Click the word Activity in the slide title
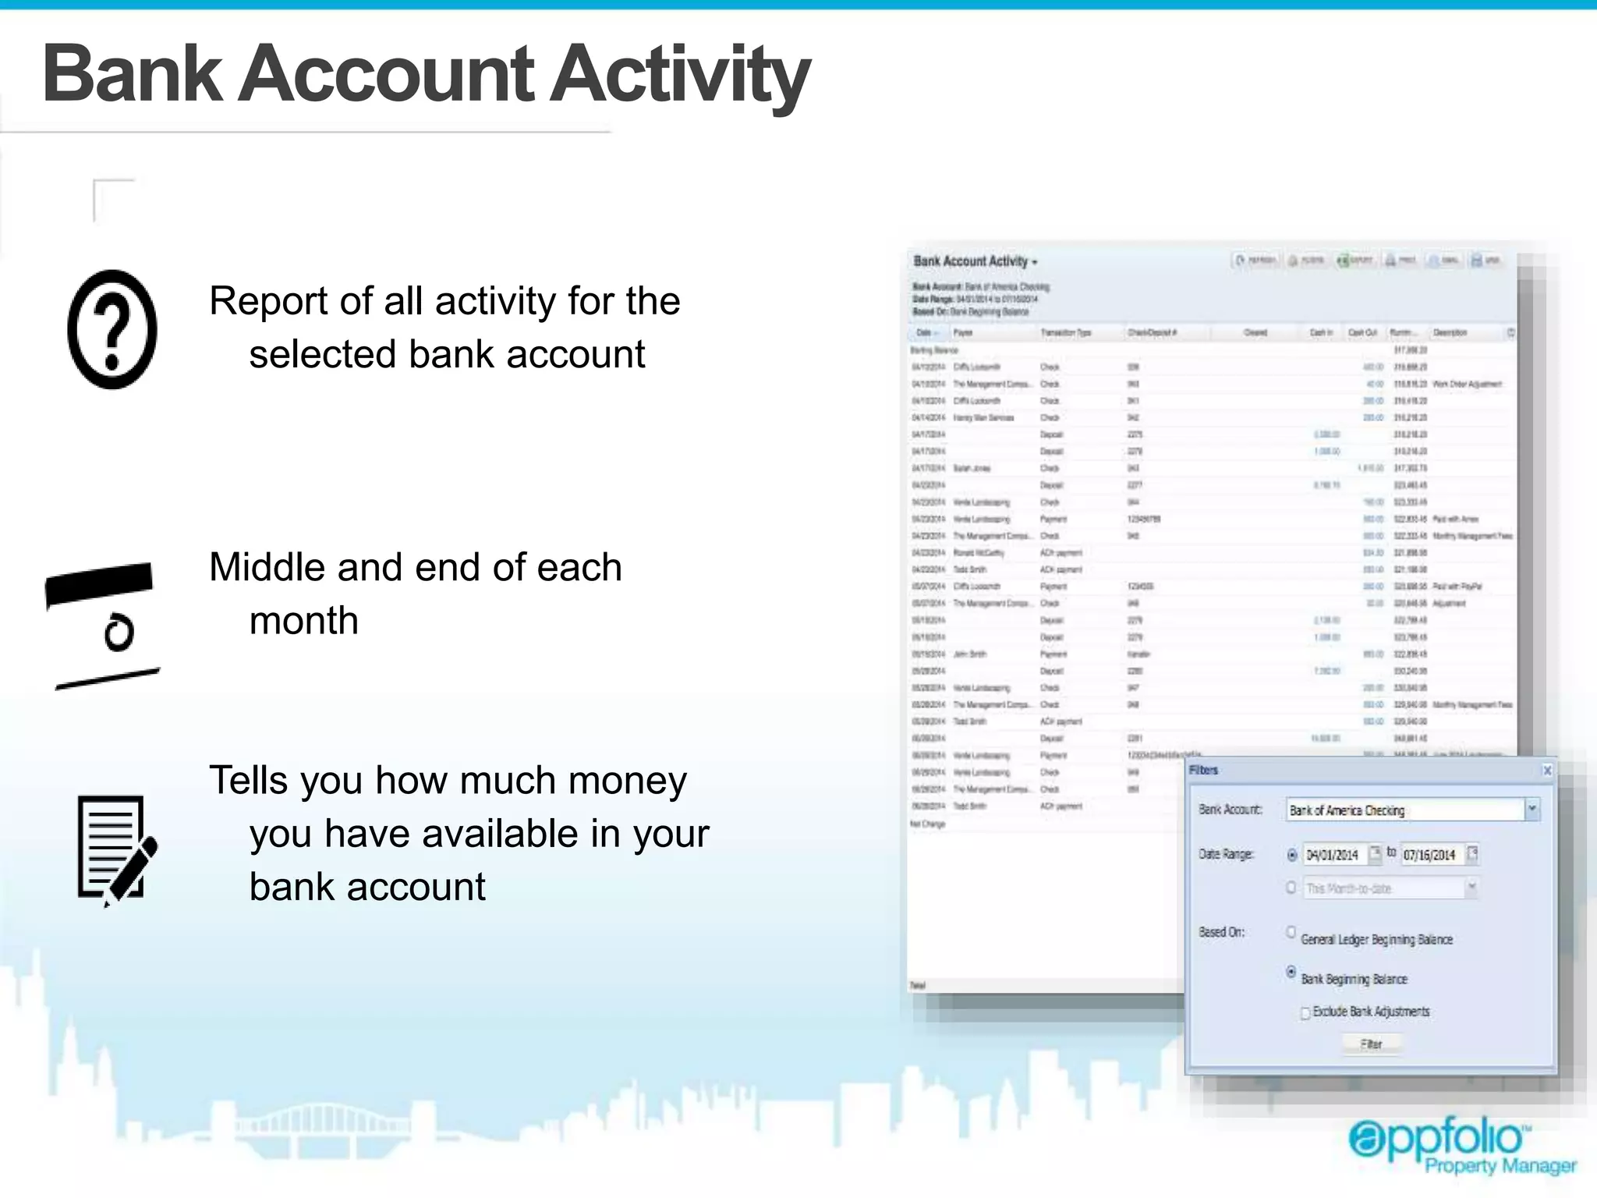(680, 74)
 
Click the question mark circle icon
(112, 329)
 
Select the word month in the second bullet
(303, 621)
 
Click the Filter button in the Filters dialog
(1371, 1044)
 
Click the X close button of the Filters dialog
(1547, 771)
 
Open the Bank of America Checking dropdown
(1531, 810)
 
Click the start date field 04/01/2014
(1333, 855)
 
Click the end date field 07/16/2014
(1430, 855)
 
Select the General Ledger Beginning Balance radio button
(1291, 932)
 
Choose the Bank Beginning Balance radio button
(1291, 972)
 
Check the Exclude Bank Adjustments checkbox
(1305, 1013)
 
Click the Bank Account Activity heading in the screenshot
(970, 261)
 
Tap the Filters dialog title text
(1203, 771)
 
